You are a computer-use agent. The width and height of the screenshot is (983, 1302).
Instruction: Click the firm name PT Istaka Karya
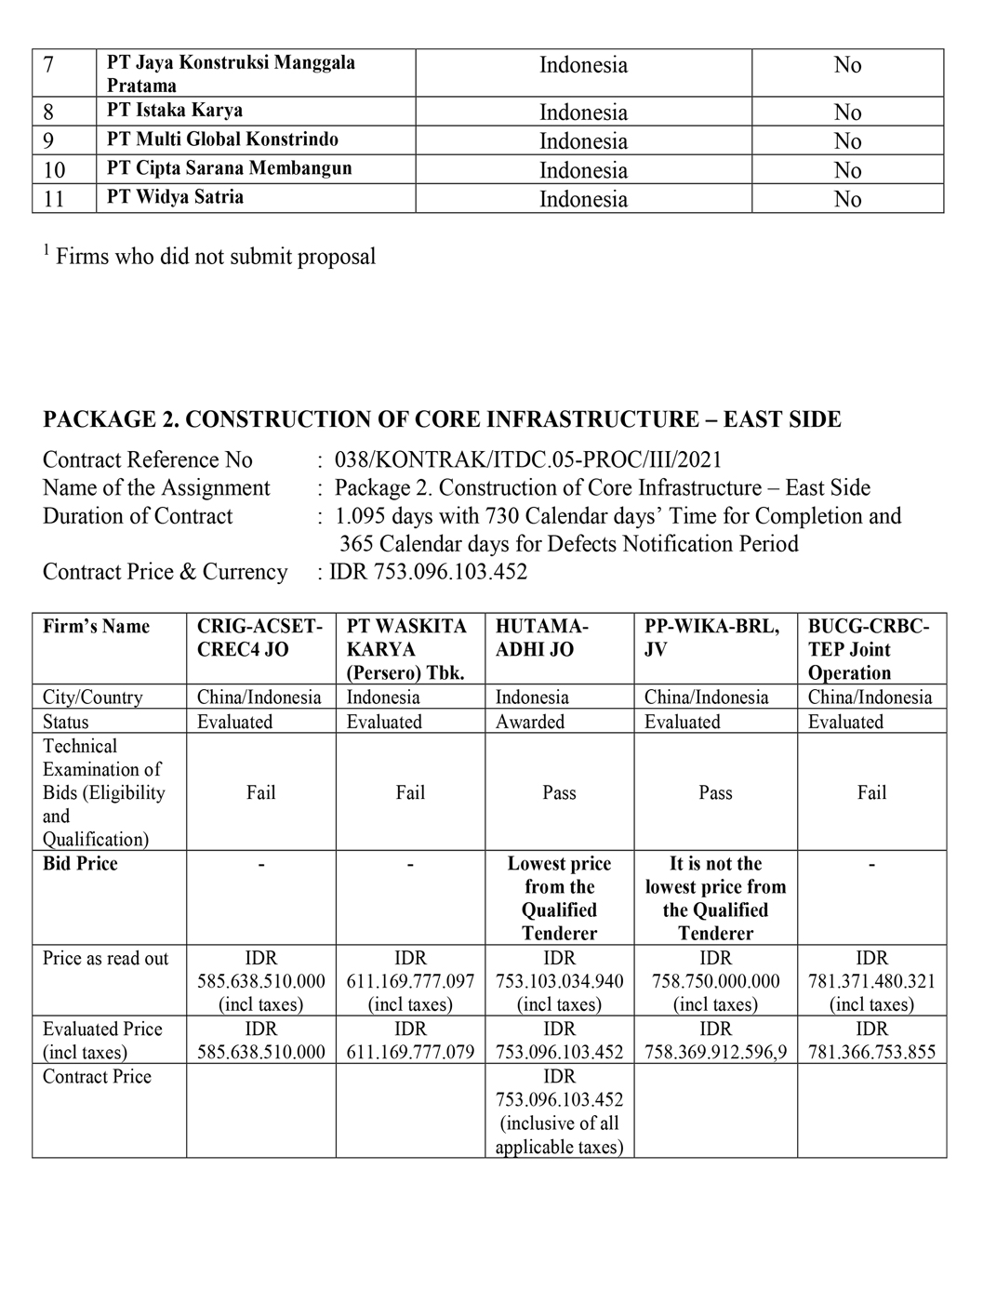[175, 111]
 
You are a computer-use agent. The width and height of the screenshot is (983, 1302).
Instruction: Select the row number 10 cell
[55, 170]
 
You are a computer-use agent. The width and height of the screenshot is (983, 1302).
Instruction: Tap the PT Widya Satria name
[175, 197]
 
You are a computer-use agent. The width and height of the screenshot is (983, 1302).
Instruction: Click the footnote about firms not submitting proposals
[209, 257]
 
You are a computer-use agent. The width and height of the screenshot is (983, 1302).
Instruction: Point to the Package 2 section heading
[442, 419]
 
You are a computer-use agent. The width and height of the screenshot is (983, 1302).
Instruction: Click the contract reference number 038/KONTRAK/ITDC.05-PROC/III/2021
[527, 460]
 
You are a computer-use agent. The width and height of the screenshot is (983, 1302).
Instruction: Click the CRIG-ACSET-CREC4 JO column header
[259, 638]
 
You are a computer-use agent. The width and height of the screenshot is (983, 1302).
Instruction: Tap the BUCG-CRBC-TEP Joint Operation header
[868, 649]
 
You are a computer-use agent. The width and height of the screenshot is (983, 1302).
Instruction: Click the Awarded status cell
[530, 722]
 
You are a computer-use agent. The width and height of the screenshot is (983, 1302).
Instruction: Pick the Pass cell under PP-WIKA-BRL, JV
[715, 792]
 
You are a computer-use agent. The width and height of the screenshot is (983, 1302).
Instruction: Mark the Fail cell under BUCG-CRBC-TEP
[871, 792]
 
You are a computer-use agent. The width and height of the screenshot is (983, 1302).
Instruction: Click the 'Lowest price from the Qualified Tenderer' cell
[559, 898]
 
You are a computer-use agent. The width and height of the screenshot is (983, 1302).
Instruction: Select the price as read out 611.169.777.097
[410, 981]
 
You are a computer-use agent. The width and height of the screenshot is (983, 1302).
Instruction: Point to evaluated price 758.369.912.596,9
[715, 1052]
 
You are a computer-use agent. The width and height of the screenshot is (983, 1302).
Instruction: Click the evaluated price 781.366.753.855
[871, 1052]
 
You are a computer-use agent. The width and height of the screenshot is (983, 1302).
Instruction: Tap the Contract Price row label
[97, 1077]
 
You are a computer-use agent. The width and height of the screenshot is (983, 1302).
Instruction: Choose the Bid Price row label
[80, 864]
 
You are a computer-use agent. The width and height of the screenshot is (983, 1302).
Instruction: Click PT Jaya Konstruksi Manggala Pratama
[231, 73]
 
